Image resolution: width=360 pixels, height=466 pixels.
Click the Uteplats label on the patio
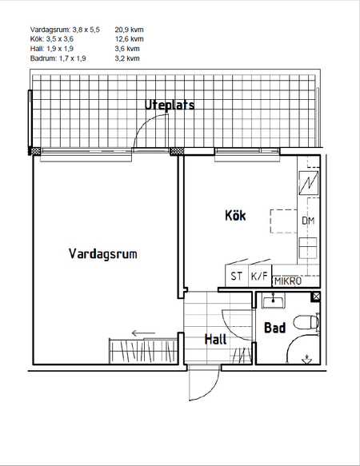pos(170,105)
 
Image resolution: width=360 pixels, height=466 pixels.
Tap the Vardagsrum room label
pos(103,254)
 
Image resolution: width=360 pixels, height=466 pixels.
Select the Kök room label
pos(235,215)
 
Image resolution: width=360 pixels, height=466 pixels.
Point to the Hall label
pos(215,339)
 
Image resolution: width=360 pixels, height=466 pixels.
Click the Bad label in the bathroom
pos(275,328)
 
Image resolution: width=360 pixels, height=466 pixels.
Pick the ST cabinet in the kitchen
pos(237,276)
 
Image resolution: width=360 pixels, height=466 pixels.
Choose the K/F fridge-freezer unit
pos(260,276)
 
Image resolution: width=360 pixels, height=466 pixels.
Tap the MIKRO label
pos(288,281)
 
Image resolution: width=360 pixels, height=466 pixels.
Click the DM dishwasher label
pos(308,221)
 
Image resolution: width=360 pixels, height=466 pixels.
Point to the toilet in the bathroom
pos(306,322)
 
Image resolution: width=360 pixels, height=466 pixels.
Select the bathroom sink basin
pos(273,301)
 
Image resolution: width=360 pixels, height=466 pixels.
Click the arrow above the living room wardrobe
pos(143,333)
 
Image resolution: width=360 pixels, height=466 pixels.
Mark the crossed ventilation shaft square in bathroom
pos(316,297)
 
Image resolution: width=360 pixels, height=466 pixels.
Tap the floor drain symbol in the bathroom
pos(306,360)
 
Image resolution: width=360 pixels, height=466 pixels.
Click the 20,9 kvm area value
pos(129,30)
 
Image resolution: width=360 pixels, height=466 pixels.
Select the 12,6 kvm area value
pos(129,39)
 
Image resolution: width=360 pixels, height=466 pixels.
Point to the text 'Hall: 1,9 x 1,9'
pos(52,49)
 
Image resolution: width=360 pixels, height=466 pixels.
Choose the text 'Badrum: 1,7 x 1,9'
pos(58,58)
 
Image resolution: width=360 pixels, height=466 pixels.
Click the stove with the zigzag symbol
pos(308,183)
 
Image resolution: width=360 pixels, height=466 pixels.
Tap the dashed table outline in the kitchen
pos(283,221)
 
